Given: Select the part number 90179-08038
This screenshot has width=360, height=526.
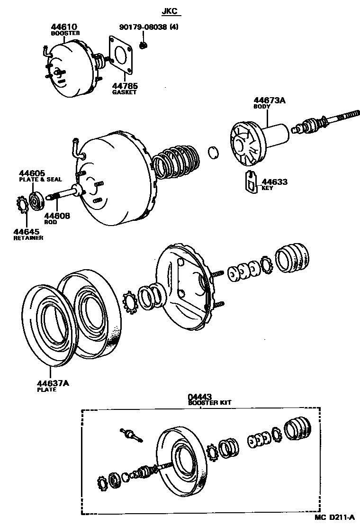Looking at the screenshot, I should tap(141, 27).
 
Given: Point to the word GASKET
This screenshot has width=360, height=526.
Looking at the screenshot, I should tap(124, 92).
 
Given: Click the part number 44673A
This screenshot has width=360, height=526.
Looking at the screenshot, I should tap(269, 100).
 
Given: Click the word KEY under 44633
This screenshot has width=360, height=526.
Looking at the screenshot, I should tap(267, 188).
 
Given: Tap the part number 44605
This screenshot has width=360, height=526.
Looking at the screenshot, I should tap(32, 173).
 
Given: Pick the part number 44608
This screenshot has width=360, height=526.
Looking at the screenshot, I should tap(57, 216).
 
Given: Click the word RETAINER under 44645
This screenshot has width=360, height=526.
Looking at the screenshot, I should tap(28, 237).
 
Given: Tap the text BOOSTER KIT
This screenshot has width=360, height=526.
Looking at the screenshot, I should tap(209, 403).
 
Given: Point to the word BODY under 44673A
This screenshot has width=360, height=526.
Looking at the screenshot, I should tap(261, 107).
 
